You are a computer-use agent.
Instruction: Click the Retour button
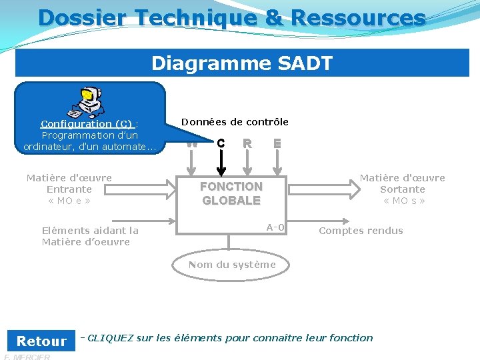tap(41, 341)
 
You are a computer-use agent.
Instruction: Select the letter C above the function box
tap(221, 143)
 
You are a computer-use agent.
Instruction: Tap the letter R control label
tap(247, 143)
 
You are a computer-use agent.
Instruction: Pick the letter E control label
tap(277, 143)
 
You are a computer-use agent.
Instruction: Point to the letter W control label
tap(192, 143)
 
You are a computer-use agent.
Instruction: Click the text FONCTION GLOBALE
tap(231, 193)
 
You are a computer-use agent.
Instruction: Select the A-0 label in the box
tap(275, 227)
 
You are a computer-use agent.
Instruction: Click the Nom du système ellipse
tap(231, 265)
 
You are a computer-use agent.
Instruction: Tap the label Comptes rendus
tap(361, 231)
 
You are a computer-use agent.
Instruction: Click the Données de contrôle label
tap(235, 121)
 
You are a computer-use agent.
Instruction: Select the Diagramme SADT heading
tap(241, 63)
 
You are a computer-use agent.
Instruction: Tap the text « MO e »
tap(69, 201)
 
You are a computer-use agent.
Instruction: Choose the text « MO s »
tap(403, 201)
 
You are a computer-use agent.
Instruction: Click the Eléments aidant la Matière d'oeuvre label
tap(90, 236)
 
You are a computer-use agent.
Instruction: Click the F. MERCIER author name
tap(27, 357)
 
